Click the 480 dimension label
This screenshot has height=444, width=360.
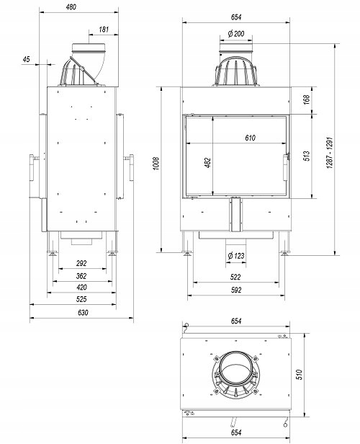(71, 6)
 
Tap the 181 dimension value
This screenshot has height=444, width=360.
(104, 29)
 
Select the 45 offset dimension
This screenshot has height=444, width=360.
(26, 59)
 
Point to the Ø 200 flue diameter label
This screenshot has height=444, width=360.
(236, 34)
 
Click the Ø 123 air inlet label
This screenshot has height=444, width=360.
(236, 256)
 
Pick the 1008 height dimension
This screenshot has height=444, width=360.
(156, 164)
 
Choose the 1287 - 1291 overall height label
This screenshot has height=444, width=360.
(330, 154)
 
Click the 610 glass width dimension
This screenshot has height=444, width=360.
(250, 138)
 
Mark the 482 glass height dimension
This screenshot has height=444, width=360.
(207, 163)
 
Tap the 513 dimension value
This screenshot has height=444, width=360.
(306, 156)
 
